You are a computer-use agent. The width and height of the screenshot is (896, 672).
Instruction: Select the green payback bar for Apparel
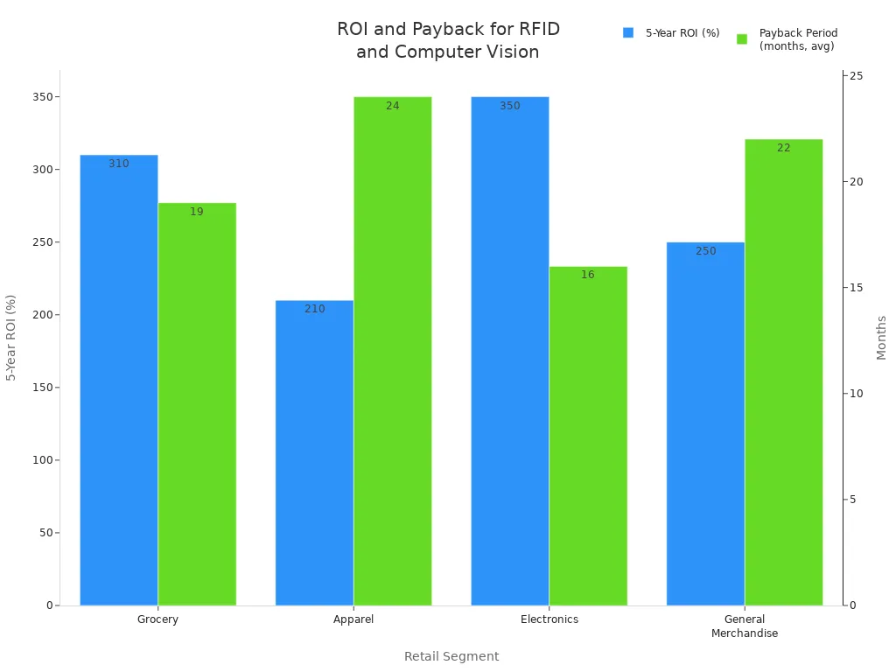pyautogui.click(x=393, y=350)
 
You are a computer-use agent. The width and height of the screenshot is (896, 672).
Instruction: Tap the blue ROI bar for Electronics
pyautogui.click(x=510, y=350)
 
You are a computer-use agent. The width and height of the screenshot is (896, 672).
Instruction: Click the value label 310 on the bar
pyautogui.click(x=119, y=164)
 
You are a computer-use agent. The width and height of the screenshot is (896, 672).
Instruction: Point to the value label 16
pyautogui.click(x=588, y=275)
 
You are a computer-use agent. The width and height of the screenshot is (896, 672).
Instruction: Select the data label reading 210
pyautogui.click(x=315, y=309)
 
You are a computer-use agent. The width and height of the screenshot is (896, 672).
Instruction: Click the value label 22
pyautogui.click(x=783, y=148)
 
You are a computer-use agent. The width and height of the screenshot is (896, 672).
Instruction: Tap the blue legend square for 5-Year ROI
pyautogui.click(x=628, y=32)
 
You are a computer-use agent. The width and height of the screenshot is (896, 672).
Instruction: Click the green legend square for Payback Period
pyautogui.click(x=742, y=38)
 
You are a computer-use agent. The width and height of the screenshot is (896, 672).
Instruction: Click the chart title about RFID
pyautogui.click(x=448, y=40)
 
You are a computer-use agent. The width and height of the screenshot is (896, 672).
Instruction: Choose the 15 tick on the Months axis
pyautogui.click(x=856, y=288)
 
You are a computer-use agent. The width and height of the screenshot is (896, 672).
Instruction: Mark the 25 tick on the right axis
pyautogui.click(x=856, y=76)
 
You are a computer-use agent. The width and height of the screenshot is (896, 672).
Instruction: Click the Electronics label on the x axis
pyautogui.click(x=549, y=619)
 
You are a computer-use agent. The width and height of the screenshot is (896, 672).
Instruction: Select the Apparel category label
pyautogui.click(x=353, y=619)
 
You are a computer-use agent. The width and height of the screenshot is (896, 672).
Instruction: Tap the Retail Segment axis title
pyautogui.click(x=451, y=656)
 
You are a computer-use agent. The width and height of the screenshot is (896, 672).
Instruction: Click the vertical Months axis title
pyautogui.click(x=881, y=337)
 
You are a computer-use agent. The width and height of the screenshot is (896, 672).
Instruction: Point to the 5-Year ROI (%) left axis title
pyautogui.click(x=11, y=337)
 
